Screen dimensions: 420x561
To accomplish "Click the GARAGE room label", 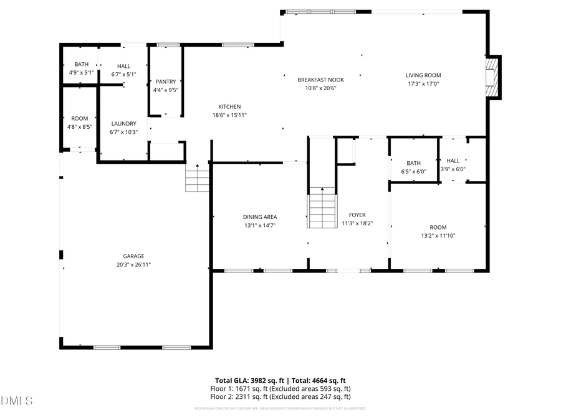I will click(x=133, y=256).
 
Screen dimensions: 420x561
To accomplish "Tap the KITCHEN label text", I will click(x=229, y=106).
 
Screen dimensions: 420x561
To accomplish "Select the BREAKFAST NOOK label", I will click(x=320, y=80).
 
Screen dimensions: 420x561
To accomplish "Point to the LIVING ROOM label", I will click(x=423, y=75).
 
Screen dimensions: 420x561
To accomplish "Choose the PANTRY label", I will click(x=166, y=82).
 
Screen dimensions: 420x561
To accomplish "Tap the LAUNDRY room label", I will click(x=123, y=123).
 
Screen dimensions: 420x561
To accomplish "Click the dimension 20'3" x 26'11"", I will click(x=133, y=264).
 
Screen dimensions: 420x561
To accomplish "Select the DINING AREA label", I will click(x=260, y=217).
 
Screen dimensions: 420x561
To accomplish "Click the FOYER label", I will click(x=357, y=215).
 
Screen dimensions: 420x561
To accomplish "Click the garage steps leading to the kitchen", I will click(x=198, y=179).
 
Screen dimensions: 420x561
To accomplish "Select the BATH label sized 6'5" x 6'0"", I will click(x=414, y=163).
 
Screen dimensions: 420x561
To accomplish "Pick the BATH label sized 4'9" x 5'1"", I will click(x=81, y=64).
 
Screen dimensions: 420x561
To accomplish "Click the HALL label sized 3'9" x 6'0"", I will click(x=453, y=161).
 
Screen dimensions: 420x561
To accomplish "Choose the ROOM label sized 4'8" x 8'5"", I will click(x=79, y=118).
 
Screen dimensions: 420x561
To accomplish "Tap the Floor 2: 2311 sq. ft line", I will click(x=280, y=396).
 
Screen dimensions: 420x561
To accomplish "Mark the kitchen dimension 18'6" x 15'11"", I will click(x=229, y=115).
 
